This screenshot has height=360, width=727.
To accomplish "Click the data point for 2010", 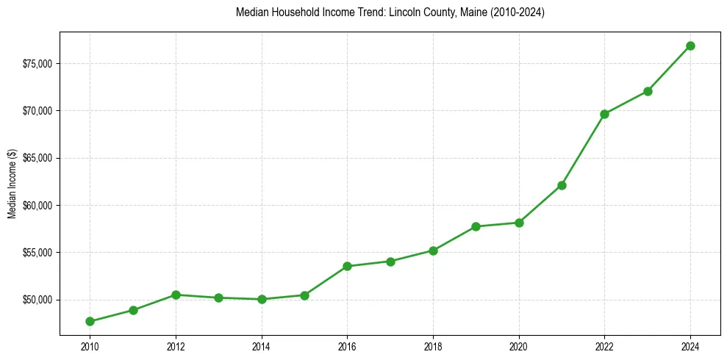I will click(90, 321).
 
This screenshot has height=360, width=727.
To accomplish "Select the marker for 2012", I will click(176, 295).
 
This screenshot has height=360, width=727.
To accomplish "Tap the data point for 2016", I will click(348, 266).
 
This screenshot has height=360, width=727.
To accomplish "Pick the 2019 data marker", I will click(476, 226).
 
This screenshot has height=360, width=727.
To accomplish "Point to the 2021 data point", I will click(562, 185).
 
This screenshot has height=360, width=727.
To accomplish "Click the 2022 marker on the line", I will click(604, 114).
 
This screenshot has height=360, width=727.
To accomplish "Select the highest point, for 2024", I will click(690, 46).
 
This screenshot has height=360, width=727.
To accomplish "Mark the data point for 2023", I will click(648, 91).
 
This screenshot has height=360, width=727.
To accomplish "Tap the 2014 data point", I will click(262, 299).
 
